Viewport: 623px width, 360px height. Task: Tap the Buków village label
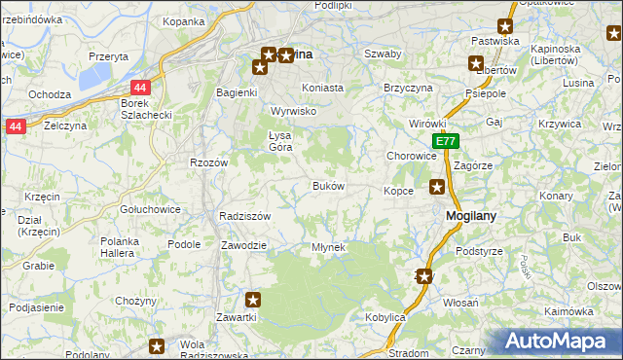pyautogui.click(x=327, y=186)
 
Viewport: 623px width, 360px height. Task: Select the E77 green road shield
pyautogui.click(x=445, y=142)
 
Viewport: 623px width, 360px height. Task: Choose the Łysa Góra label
pyautogui.click(x=280, y=141)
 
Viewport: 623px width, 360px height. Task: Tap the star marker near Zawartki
pyautogui.click(x=254, y=300)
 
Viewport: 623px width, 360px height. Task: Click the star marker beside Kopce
pyautogui.click(x=438, y=187)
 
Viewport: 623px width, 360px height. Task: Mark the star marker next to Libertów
pyautogui.click(x=476, y=65)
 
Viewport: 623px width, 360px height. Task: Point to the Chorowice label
pyautogui.click(x=412, y=156)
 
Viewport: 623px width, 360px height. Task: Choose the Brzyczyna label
pyautogui.click(x=408, y=88)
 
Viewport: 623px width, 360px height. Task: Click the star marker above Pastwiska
pyautogui.click(x=506, y=27)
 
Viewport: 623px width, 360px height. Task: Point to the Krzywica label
pyautogui.click(x=559, y=125)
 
